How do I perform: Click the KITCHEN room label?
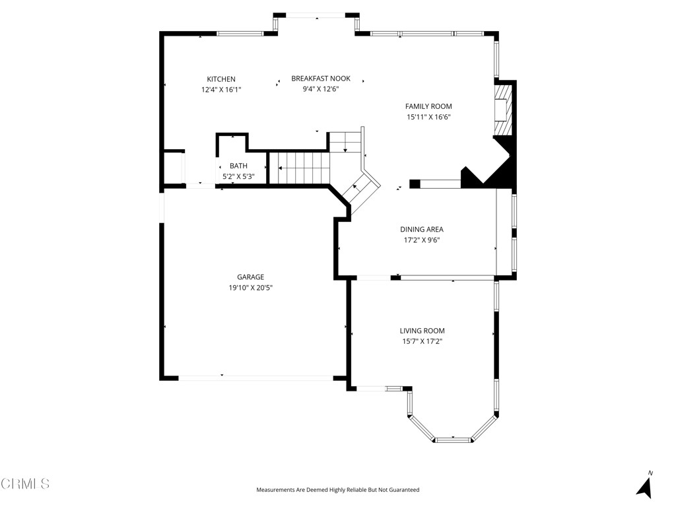221,79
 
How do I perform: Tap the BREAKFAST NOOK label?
321,79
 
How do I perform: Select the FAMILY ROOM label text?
428,106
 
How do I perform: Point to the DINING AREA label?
422,230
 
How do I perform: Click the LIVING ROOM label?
422,331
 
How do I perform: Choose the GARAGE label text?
250,277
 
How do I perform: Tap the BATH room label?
238,166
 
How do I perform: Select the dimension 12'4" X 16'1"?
221,90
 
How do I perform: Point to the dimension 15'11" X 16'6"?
428,117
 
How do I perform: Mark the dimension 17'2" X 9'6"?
422,240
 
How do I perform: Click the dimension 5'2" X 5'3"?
238,176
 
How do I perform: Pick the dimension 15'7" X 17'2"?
422,341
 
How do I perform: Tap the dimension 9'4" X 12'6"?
321,89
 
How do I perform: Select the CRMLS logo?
25,484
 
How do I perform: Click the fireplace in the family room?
504,109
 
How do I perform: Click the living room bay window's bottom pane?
454,438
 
